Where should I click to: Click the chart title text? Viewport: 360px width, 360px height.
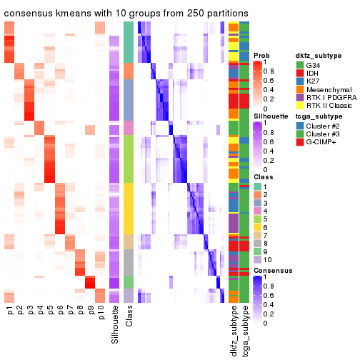(x=126, y=13)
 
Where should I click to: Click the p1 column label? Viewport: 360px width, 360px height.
(x=9, y=314)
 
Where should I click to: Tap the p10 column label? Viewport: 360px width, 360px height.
(x=101, y=316)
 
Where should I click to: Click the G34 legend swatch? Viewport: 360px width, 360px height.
(x=301, y=66)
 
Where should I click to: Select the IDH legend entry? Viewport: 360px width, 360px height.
(x=318, y=76)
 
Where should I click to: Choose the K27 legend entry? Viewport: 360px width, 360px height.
(x=318, y=85)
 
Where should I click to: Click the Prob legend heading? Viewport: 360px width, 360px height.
(x=262, y=56)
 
